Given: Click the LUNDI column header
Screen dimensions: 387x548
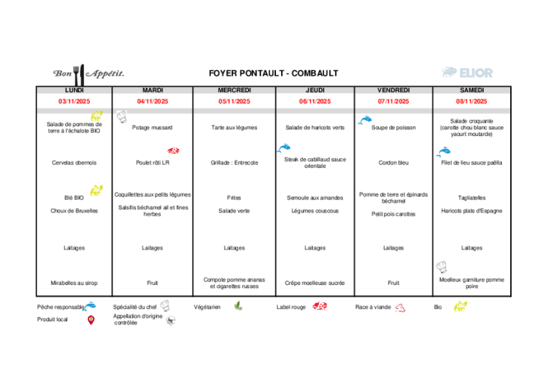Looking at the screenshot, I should pyautogui.click(x=74, y=90).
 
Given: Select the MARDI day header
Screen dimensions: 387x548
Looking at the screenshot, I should pyautogui.click(x=153, y=90).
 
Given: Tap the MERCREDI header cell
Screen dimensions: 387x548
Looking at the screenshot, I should pyautogui.click(x=234, y=90).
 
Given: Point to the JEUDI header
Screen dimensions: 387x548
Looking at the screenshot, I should pyautogui.click(x=314, y=90).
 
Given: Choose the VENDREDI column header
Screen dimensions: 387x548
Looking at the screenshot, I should pyautogui.click(x=393, y=90).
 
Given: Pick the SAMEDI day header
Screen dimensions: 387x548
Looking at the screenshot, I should pyautogui.click(x=472, y=90).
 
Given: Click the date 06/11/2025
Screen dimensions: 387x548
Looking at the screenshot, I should pyautogui.click(x=314, y=101).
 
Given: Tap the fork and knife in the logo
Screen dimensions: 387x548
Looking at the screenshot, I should pyautogui.click(x=78, y=74).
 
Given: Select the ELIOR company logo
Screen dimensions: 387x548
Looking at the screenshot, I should pyautogui.click(x=467, y=72).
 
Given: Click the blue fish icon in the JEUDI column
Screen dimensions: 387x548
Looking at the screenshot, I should pyautogui.click(x=284, y=148).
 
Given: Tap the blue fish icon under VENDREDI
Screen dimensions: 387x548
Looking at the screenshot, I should pyautogui.click(x=365, y=120).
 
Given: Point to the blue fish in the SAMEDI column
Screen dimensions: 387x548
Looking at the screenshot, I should pyautogui.click(x=443, y=152).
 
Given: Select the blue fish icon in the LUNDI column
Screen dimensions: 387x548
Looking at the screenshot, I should pyautogui.click(x=89, y=306).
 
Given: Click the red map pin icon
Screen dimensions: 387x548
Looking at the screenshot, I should pyautogui.click(x=91, y=320).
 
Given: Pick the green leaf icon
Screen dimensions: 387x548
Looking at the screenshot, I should pyautogui.click(x=238, y=305).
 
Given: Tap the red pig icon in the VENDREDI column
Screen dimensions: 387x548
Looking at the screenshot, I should pyautogui.click(x=400, y=308).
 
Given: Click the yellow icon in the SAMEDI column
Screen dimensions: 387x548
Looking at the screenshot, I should pyautogui.click(x=460, y=306).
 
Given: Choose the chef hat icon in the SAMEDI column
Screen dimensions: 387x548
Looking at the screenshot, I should pyautogui.click(x=441, y=267).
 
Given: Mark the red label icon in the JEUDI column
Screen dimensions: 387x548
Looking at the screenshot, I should pyautogui.click(x=320, y=306).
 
